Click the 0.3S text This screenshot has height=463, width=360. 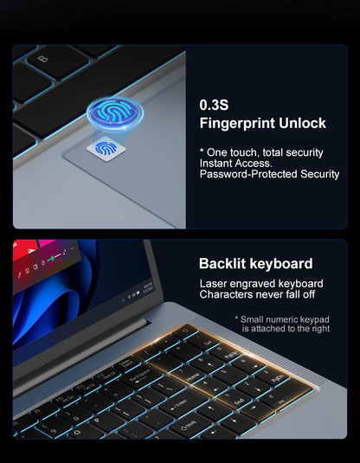pyautogui.click(x=215, y=105)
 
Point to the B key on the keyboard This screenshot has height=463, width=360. pyautogui.click(x=43, y=59)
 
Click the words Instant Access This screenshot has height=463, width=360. pyautogui.click(x=235, y=164)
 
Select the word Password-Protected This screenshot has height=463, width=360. pyautogui.click(x=247, y=175)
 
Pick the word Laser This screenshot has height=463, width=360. pyautogui.click(x=215, y=284)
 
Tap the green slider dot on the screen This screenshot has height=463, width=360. pyautogui.click(x=51, y=259)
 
